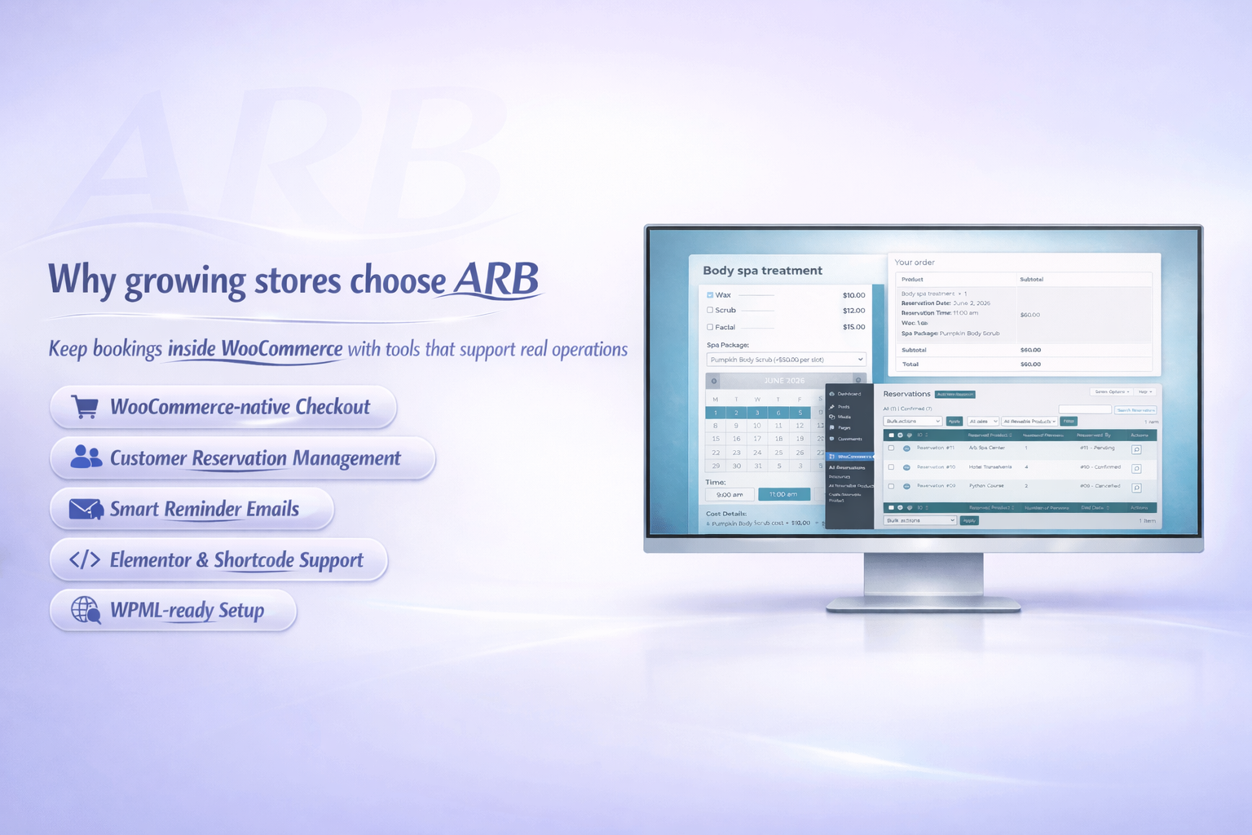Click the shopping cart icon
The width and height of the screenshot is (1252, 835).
pyautogui.click(x=85, y=406)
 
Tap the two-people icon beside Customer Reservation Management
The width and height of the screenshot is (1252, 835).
pyautogui.click(x=86, y=457)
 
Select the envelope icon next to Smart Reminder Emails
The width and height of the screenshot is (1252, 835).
pyautogui.click(x=86, y=510)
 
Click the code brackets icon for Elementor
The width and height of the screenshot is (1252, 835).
pyautogui.click(x=85, y=559)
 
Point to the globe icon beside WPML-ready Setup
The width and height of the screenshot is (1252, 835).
pyautogui.click(x=86, y=610)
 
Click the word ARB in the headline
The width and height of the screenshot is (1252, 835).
pyautogui.click(x=496, y=280)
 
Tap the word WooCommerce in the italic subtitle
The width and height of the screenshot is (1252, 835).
pyautogui.click(x=281, y=349)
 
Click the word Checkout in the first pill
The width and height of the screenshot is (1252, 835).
pyautogui.click(x=333, y=406)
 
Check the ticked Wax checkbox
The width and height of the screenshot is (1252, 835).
pyautogui.click(x=710, y=295)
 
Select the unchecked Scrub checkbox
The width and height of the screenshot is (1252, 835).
pyautogui.click(x=710, y=311)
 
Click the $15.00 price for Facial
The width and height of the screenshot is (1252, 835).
pyautogui.click(x=853, y=327)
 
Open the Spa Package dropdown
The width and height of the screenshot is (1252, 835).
pyautogui.click(x=785, y=360)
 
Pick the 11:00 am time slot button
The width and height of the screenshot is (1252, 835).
pyautogui.click(x=783, y=494)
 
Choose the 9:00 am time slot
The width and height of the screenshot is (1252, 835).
pyautogui.click(x=730, y=494)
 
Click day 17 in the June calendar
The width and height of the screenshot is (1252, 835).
pyautogui.click(x=757, y=439)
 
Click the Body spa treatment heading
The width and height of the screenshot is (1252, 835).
pyautogui.click(x=762, y=271)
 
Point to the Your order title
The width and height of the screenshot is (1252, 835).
pyautogui.click(x=915, y=263)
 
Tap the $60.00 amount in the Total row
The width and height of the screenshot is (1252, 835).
pyautogui.click(x=1030, y=364)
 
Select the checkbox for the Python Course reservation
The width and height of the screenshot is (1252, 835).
pyautogui.click(x=891, y=487)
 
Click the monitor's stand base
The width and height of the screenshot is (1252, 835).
pyautogui.click(x=924, y=605)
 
